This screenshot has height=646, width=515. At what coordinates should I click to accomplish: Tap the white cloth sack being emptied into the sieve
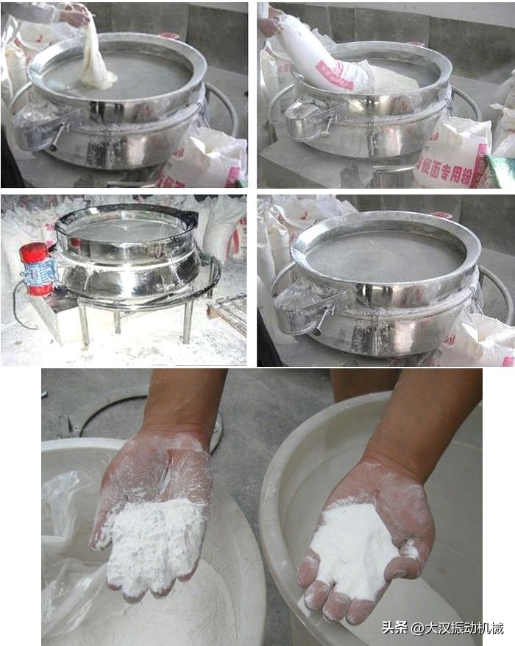click(96, 56)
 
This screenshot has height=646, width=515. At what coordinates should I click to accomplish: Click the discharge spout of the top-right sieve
click(305, 119)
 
